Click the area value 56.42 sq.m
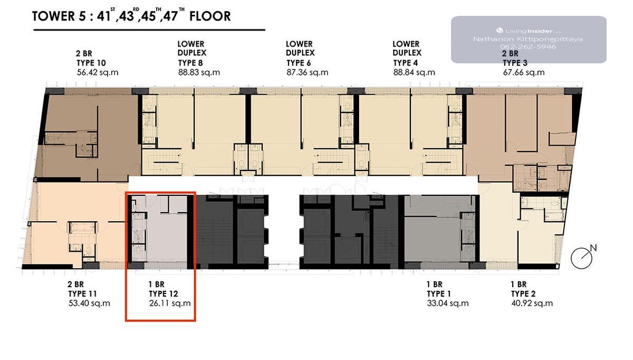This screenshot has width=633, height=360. pos(98,72)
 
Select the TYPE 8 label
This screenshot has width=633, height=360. pos(190,63)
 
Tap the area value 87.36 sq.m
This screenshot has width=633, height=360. pos(307,72)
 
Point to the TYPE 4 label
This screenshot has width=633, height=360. pos(405,63)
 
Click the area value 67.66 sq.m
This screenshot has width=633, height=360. pos(524,72)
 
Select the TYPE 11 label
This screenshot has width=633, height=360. pos(82,294)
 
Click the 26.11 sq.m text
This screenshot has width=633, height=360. pos(170,303)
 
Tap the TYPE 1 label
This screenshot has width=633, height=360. pos(439,294)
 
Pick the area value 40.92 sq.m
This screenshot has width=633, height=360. pos(532,303)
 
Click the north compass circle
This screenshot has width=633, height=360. pos(581,258)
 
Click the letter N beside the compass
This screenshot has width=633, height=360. pos(593,248)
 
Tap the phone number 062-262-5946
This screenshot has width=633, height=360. pos(528,47)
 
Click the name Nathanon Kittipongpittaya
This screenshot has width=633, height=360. pos(528,39)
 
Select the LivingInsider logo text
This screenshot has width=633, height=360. pos(529,31)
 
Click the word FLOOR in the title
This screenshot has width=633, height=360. pos(210,16)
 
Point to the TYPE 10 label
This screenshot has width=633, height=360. pos(91,63)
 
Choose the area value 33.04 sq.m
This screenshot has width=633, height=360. pos(448,303)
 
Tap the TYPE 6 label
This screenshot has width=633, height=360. pos(299,63)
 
